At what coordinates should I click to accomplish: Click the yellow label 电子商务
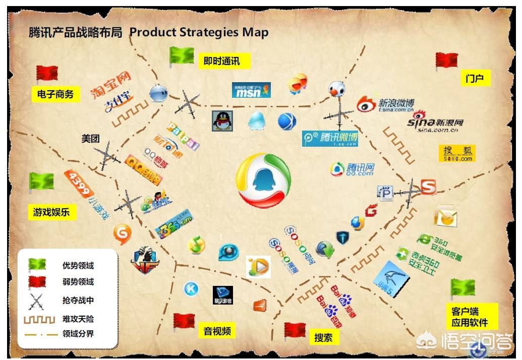(x=55, y=94)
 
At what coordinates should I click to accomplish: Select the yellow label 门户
(x=475, y=78)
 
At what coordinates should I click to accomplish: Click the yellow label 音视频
(x=217, y=331)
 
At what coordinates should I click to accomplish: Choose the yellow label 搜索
(x=323, y=337)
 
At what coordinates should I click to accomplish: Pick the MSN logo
(x=251, y=90)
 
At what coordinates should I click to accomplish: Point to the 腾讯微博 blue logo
(x=330, y=138)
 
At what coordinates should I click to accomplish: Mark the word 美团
(x=91, y=139)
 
